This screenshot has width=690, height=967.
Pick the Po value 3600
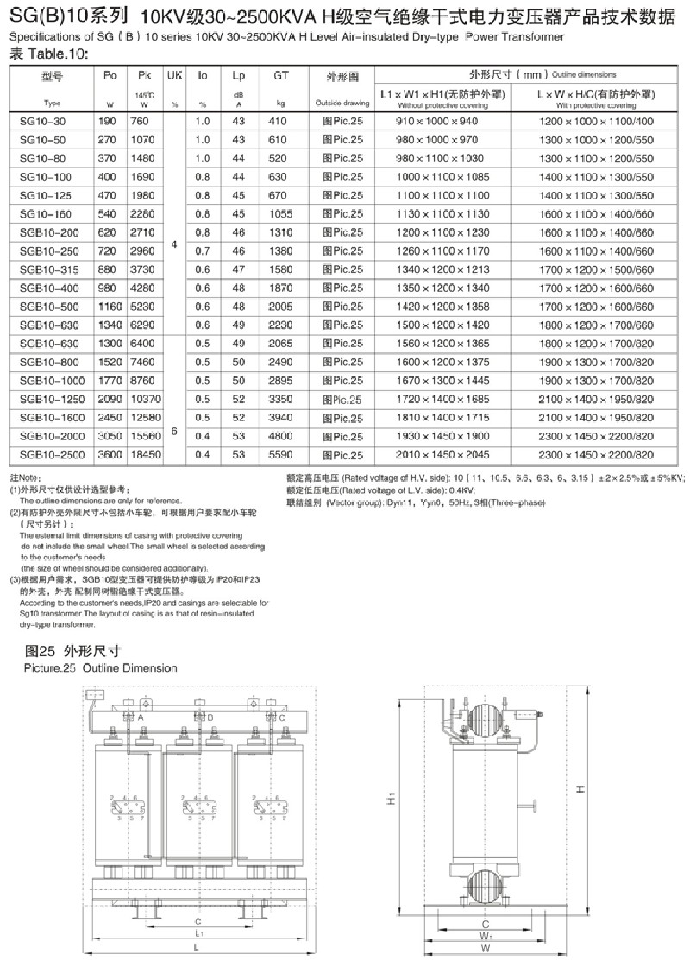pyautogui.click(x=110, y=452)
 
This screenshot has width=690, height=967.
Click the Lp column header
pyautogui.click(x=239, y=76)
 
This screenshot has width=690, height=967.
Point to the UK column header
pyautogui.click(x=174, y=76)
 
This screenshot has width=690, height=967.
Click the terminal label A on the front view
pyautogui.click(x=140, y=717)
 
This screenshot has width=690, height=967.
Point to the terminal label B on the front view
pyautogui.click(x=210, y=717)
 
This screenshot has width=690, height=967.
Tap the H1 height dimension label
pyautogui.click(x=391, y=800)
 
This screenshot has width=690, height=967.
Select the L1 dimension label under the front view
pyautogui.click(x=198, y=934)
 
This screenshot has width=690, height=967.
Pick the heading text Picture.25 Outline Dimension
pyautogui.click(x=102, y=667)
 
